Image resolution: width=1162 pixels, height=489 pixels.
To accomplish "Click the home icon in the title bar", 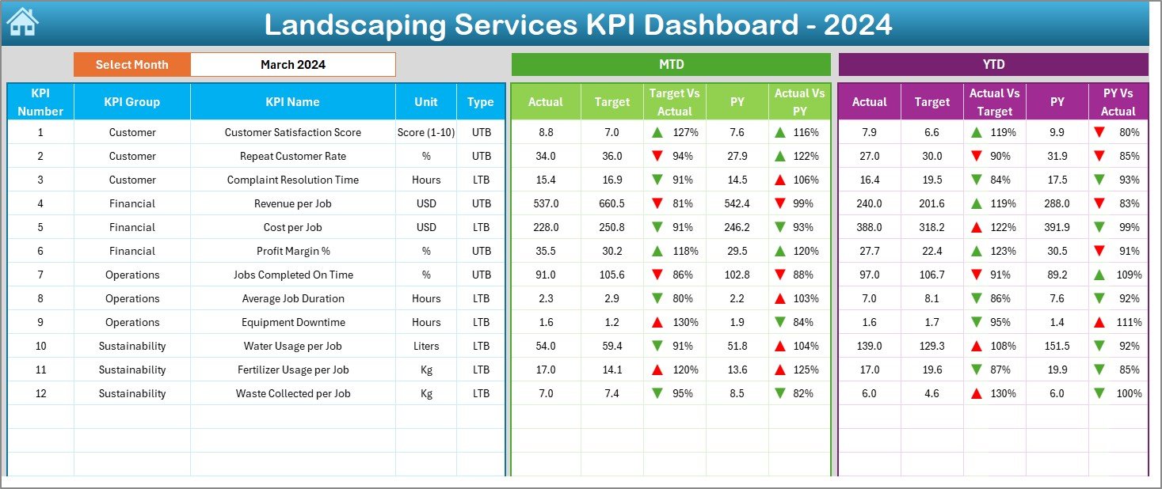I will click(x=22, y=22).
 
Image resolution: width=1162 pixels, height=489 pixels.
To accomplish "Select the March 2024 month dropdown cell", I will click(x=292, y=65).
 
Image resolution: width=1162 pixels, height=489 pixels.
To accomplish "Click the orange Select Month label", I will click(x=131, y=65).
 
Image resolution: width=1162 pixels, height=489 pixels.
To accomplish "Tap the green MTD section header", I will click(x=671, y=65).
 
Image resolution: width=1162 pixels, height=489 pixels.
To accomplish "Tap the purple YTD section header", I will click(x=993, y=65).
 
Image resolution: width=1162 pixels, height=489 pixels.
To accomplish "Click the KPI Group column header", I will click(x=131, y=101).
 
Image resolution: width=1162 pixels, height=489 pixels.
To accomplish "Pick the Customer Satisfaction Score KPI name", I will click(x=292, y=132).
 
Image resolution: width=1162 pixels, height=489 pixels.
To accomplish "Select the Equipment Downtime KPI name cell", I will click(x=292, y=322).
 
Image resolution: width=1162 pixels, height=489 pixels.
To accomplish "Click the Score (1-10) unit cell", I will click(x=426, y=132).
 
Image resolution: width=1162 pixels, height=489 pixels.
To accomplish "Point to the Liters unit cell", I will click(x=426, y=346).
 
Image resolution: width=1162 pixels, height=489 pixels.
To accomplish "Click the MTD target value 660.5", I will click(x=611, y=203).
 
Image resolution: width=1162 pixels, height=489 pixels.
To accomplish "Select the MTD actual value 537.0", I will click(x=546, y=203).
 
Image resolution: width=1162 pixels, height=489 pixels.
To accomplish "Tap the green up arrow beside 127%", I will click(x=657, y=132).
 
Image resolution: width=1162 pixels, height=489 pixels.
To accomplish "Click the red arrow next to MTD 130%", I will click(x=657, y=322).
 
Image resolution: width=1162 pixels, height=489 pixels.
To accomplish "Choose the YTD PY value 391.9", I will click(x=1057, y=227).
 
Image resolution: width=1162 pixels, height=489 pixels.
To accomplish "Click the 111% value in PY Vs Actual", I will click(x=1130, y=322).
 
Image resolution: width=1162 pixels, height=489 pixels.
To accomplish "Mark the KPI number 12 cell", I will click(x=40, y=393).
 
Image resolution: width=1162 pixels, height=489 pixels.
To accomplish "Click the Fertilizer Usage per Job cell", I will click(x=292, y=370).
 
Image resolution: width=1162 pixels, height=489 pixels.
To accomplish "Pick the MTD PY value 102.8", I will click(x=737, y=275).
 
